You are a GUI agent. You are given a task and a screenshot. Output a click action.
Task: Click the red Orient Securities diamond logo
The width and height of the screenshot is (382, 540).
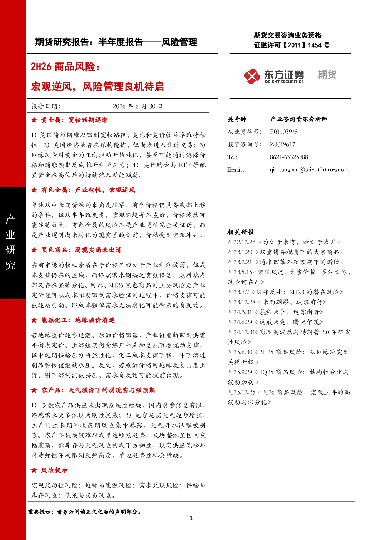pos(252,76)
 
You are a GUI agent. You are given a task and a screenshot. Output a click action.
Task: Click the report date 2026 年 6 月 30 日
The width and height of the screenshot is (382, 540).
pos(137,106)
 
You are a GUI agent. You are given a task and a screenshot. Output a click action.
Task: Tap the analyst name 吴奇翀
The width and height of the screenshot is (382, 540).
pos(237,119)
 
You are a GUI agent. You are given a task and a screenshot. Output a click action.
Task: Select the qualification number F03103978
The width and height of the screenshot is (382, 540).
pos(283,132)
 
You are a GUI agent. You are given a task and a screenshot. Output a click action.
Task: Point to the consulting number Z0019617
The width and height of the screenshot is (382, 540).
pos(282,144)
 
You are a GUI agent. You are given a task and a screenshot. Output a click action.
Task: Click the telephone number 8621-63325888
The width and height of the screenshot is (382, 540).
pos(289,157)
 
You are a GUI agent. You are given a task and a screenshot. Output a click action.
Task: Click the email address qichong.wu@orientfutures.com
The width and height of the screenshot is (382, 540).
pos(309,170)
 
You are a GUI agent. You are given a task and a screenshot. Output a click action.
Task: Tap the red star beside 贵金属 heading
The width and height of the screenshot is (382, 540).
pos(34,120)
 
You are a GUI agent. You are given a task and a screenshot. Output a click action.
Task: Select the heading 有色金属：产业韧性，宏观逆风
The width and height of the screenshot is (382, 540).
pos(88,190)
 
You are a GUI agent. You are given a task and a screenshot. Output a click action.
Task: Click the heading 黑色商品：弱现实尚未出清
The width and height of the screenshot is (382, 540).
pos(81,250)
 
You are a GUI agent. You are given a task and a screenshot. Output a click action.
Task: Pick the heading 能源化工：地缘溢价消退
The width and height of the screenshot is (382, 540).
pos(78,320)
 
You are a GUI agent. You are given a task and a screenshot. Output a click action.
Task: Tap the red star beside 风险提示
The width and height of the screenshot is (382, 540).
pos(34,470)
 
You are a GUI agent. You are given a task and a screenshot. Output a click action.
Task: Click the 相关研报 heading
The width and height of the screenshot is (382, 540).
pos(241,232)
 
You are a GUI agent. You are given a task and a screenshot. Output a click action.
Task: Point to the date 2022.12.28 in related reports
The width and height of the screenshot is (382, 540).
pos(241,242)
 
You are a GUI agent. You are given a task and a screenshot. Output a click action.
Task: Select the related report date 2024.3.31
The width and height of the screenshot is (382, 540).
pos(240,312)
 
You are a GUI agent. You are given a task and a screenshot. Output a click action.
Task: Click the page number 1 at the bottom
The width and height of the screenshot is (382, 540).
pos(191,518)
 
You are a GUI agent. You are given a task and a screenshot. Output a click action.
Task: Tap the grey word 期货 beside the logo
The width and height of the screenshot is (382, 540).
pos(327,75)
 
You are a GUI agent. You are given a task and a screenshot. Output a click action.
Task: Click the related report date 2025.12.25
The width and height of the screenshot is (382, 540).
pos(241,392)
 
